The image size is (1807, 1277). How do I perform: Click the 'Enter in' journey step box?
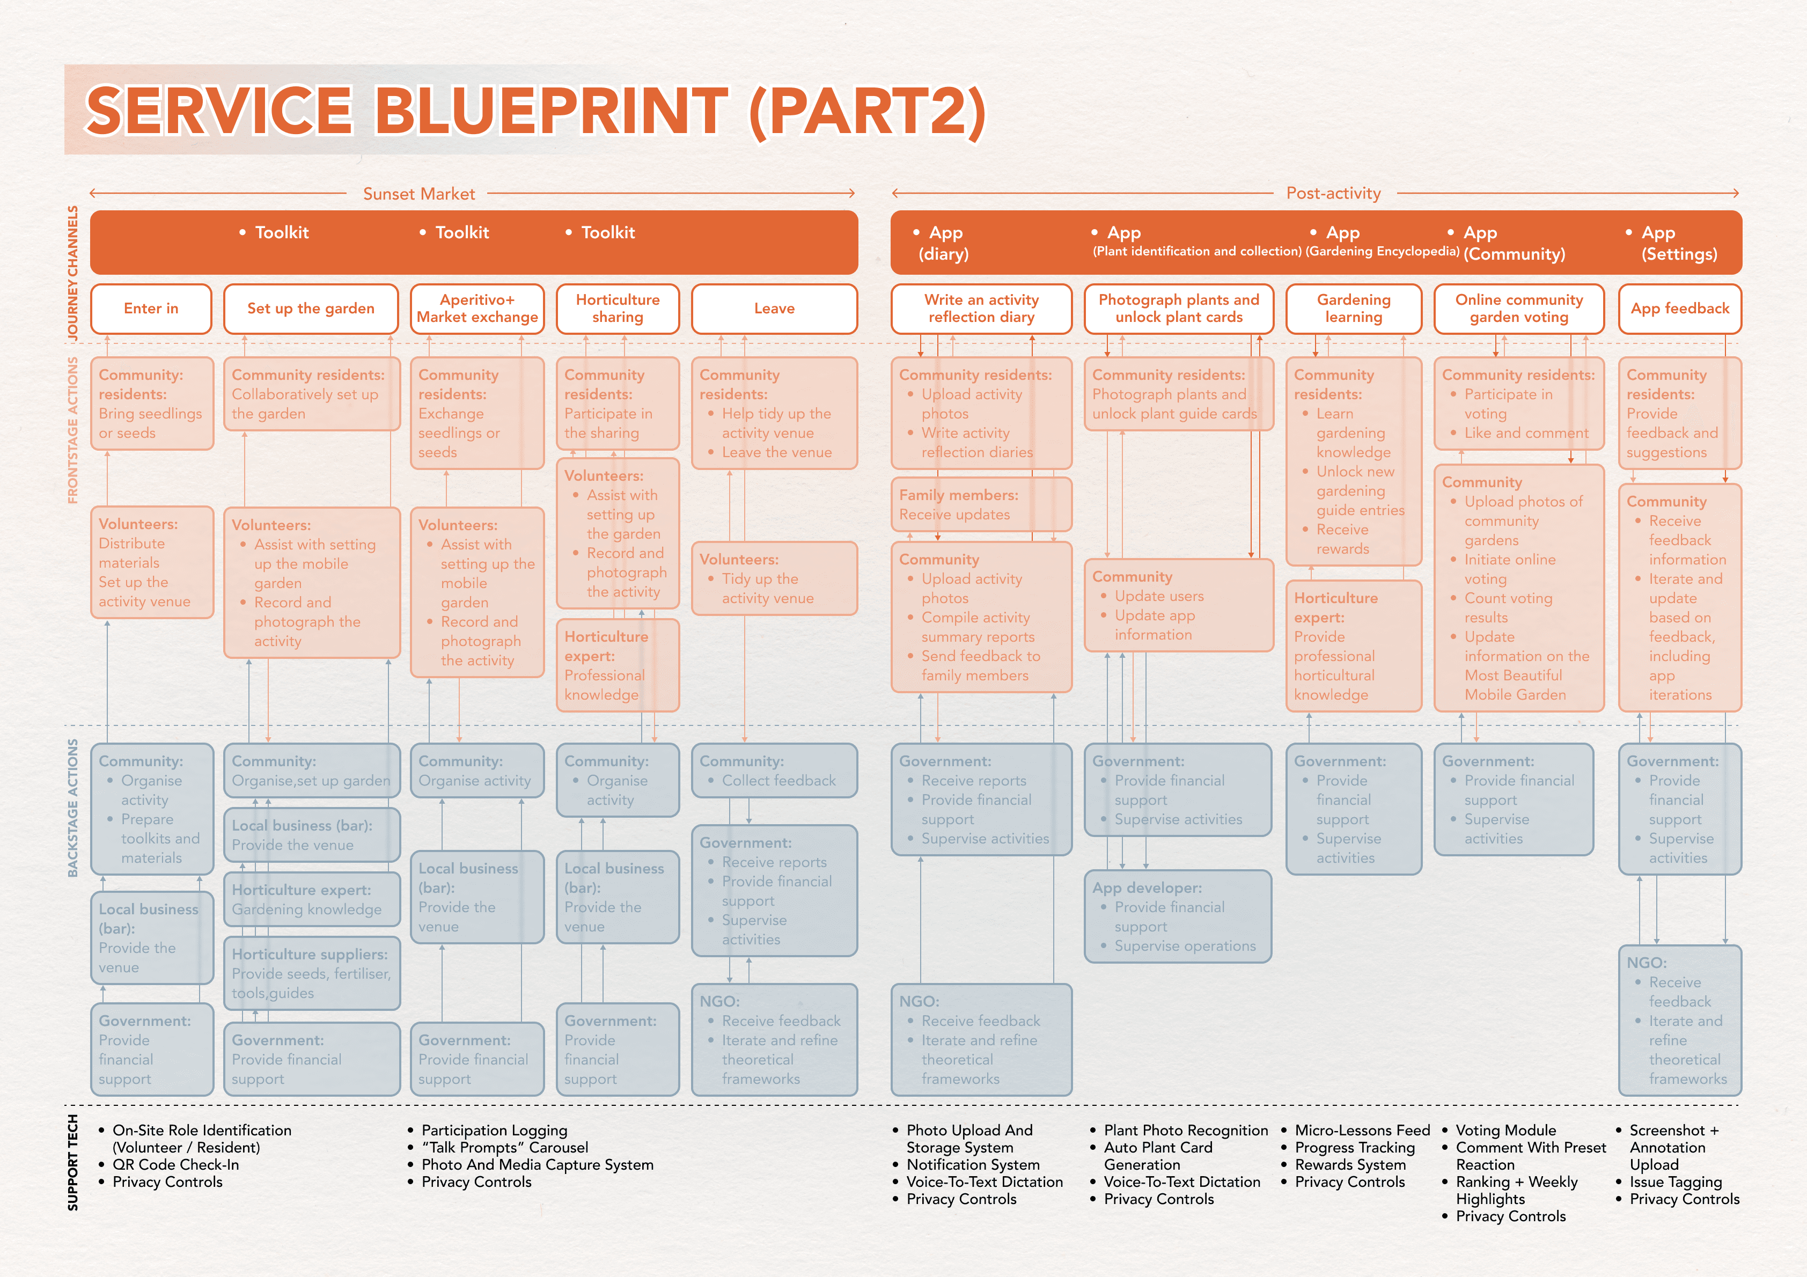coord(151,309)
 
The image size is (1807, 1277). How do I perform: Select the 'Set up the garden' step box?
coord(311,309)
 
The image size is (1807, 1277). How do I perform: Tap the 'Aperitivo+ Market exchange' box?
coord(477,309)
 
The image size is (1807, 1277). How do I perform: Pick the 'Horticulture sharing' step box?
coord(618,309)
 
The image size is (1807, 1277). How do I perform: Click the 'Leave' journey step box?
coord(774,309)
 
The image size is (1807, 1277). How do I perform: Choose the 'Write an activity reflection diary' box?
coord(981,309)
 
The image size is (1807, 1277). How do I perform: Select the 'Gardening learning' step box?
coord(1354,309)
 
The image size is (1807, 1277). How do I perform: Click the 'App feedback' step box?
coord(1679,309)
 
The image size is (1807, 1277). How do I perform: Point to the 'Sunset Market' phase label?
coord(418,194)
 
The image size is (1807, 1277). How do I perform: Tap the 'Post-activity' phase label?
coord(1333,194)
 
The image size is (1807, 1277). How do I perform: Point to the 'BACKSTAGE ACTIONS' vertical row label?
coord(73,808)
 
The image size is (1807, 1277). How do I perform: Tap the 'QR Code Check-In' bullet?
coord(175,1164)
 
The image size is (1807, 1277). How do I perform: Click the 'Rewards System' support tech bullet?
coord(1350,1164)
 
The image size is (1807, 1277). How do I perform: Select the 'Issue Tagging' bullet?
coord(1676,1181)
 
